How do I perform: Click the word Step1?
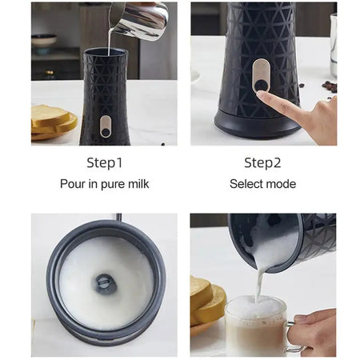pos(105,163)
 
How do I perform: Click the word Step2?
pos(262,163)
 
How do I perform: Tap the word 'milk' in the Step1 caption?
pos(136,184)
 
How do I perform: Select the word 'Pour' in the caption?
pos(74,184)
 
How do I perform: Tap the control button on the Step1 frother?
pos(106,126)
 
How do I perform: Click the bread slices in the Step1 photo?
pos(53,122)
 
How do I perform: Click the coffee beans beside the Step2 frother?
pos(329,86)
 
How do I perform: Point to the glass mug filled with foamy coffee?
pos(256,328)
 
